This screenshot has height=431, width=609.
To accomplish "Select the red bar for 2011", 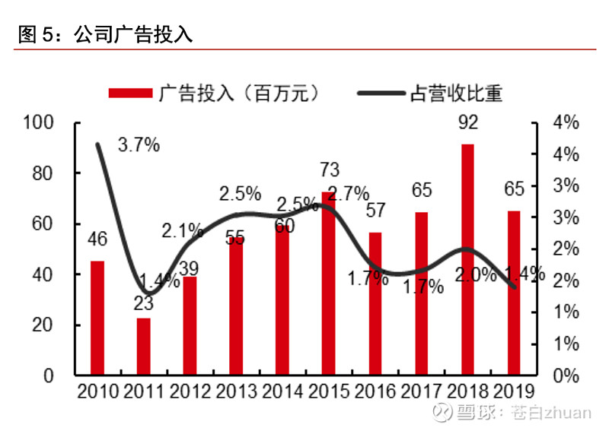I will tap(143, 347).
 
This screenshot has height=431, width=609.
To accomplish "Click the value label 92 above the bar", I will tap(467, 122).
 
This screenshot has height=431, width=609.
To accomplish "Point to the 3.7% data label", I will tap(139, 144).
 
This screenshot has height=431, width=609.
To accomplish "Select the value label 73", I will tap(330, 170).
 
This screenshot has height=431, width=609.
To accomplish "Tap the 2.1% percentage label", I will tap(182, 230).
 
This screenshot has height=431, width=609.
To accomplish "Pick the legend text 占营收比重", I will tap(456, 93).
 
